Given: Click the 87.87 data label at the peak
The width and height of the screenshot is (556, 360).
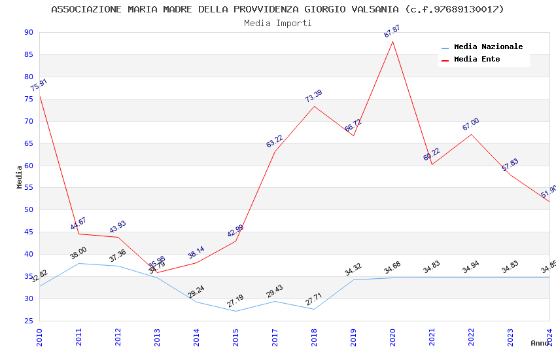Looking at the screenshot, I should click(x=392, y=31).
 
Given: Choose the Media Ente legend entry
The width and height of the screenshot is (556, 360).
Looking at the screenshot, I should click(x=477, y=60).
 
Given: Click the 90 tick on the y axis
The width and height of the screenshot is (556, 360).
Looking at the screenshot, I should click(x=28, y=33).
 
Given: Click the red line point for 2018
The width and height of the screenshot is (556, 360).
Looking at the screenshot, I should click(x=314, y=106).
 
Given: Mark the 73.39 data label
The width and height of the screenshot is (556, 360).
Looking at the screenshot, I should click(x=314, y=96).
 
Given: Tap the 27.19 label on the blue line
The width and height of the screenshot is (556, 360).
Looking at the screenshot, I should click(x=235, y=301).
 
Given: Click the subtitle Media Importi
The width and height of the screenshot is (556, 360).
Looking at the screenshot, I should click(x=277, y=23).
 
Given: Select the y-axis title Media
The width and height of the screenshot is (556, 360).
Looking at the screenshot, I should click(x=20, y=177).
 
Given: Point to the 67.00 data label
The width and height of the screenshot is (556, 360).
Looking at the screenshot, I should click(x=471, y=124).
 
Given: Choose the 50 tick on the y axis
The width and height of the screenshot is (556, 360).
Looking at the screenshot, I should click(x=28, y=210).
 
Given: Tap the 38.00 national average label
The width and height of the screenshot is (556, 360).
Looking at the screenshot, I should click(x=78, y=253).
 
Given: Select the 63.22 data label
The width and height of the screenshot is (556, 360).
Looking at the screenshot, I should click(x=275, y=141).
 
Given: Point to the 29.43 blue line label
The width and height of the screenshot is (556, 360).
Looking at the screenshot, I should click(x=275, y=291).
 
